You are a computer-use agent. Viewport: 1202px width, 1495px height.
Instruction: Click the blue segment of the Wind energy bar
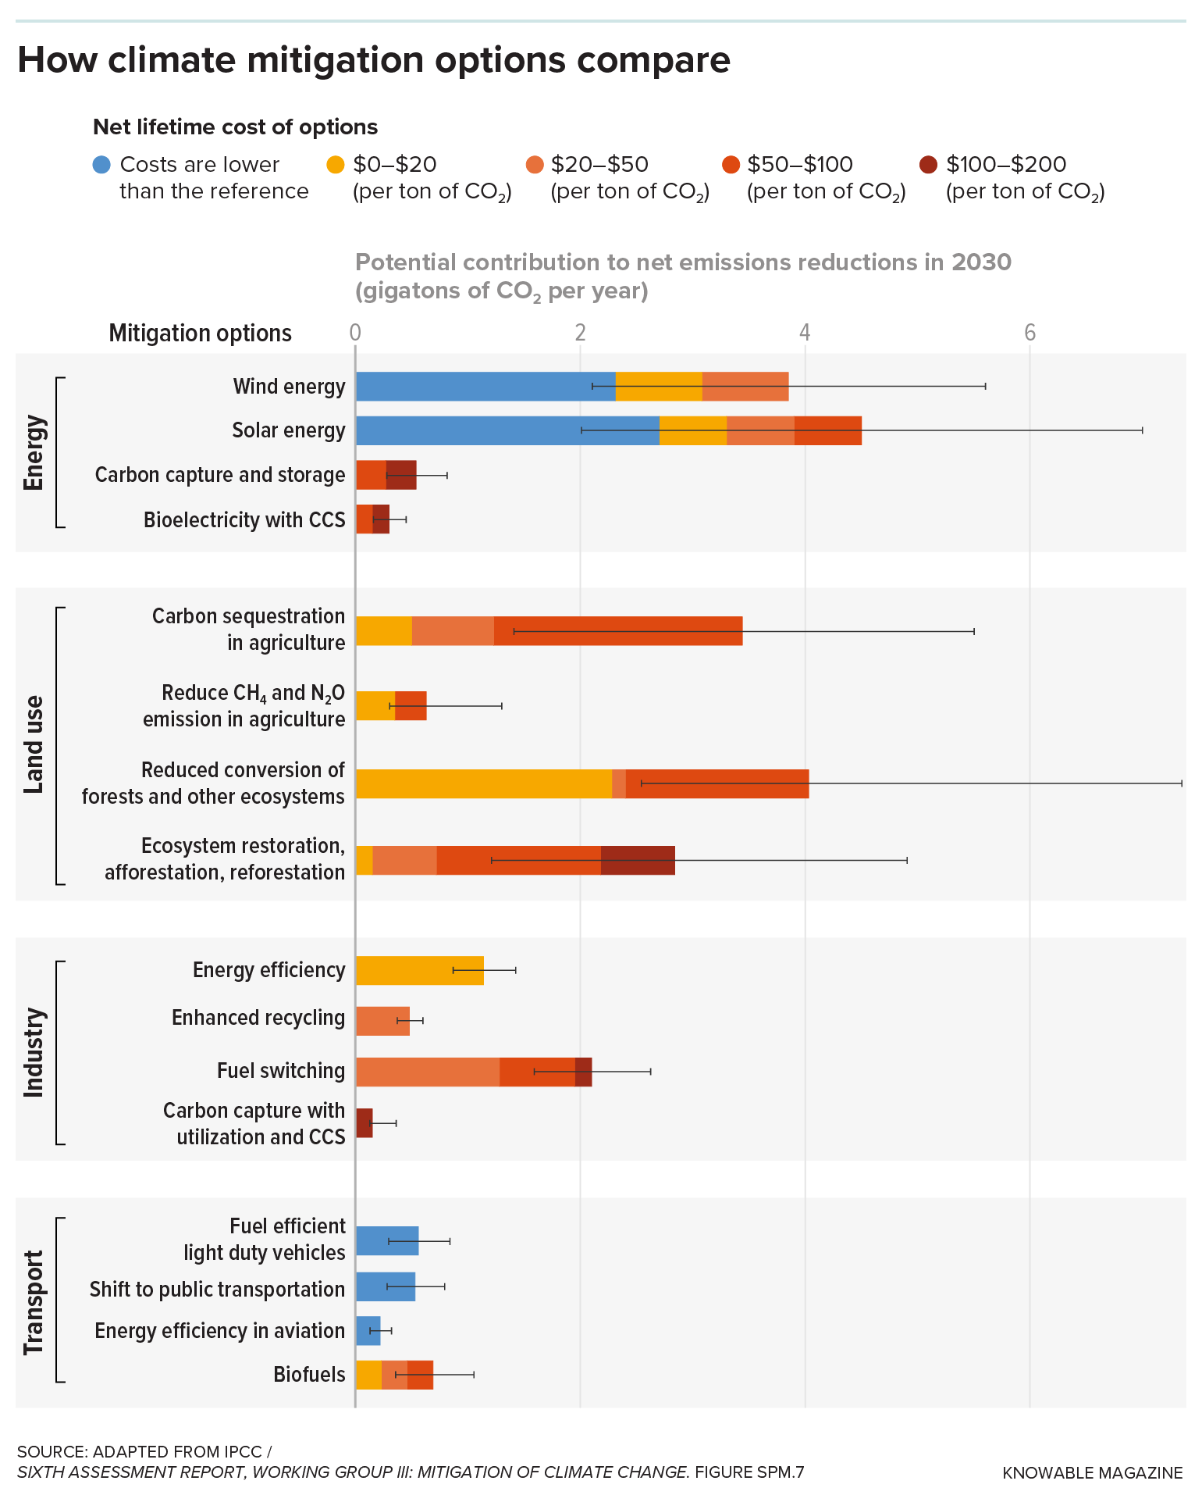(x=485, y=387)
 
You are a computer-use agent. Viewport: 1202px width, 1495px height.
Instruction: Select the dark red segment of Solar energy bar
(x=827, y=430)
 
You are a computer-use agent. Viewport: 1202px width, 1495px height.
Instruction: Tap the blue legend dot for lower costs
(x=101, y=165)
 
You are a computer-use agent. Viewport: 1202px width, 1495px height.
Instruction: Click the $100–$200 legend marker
(x=928, y=165)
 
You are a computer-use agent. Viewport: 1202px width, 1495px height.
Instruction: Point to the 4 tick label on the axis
(x=805, y=334)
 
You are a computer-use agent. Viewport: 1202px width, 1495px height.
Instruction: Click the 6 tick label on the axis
(x=1030, y=334)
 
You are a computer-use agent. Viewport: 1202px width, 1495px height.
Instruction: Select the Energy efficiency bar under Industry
(x=419, y=970)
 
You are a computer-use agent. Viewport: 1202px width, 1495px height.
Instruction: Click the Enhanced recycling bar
(x=382, y=1021)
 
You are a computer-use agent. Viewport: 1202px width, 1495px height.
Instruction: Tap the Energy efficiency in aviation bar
(x=368, y=1331)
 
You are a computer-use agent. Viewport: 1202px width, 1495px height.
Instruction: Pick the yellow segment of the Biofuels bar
(x=368, y=1375)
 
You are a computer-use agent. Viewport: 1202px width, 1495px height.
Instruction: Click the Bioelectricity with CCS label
(x=244, y=520)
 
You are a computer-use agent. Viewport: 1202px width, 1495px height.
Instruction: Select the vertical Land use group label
(x=34, y=744)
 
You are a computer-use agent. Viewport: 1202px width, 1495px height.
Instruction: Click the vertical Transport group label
(x=34, y=1302)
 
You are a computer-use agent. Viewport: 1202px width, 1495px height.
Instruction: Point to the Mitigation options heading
(x=200, y=334)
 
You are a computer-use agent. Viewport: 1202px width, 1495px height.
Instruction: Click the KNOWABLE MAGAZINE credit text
(x=1092, y=1473)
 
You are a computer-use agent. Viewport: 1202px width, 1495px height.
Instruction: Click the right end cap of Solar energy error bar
(x=1142, y=430)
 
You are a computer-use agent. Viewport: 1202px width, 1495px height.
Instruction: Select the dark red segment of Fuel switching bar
(x=583, y=1072)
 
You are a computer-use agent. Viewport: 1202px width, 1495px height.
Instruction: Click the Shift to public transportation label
(x=216, y=1289)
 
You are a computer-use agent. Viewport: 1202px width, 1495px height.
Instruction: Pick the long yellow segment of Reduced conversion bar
(x=483, y=783)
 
